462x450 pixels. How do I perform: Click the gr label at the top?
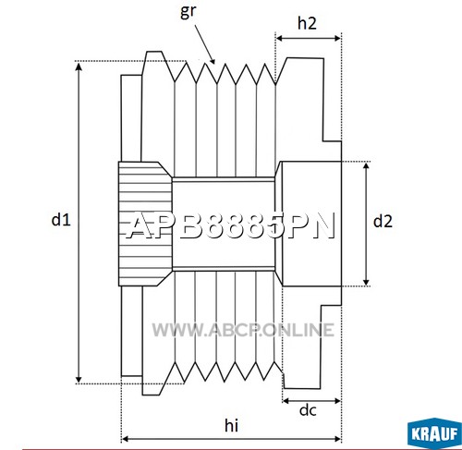pyautogui.click(x=188, y=12)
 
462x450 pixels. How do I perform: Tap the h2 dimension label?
pyautogui.click(x=307, y=23)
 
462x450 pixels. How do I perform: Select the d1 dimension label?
pyautogui.click(x=61, y=220)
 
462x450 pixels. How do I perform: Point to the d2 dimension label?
pyautogui.click(x=383, y=221)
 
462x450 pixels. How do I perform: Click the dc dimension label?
pyautogui.click(x=308, y=410)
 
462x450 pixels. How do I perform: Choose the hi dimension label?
pyautogui.click(x=231, y=425)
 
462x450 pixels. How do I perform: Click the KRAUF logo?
pyautogui.click(x=434, y=433)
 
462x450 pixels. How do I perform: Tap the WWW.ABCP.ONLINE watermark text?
pyautogui.click(x=243, y=330)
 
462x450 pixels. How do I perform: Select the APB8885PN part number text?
pyautogui.click(x=231, y=226)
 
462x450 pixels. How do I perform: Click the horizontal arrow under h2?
pyautogui.click(x=309, y=38)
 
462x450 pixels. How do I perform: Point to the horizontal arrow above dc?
pyautogui.click(x=311, y=401)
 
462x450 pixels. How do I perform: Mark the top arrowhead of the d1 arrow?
pyautogui.click(x=79, y=65)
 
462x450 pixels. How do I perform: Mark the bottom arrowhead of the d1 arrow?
pyautogui.click(x=79, y=379)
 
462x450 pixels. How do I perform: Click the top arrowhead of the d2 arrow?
pyautogui.click(x=366, y=166)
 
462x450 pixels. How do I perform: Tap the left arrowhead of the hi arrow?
pyautogui.click(x=125, y=439)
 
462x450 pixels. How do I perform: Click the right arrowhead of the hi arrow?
pyautogui.click(x=337, y=439)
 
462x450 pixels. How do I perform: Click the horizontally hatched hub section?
pyautogui.click(x=145, y=224)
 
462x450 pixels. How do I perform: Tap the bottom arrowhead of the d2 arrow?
pyautogui.click(x=366, y=282)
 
